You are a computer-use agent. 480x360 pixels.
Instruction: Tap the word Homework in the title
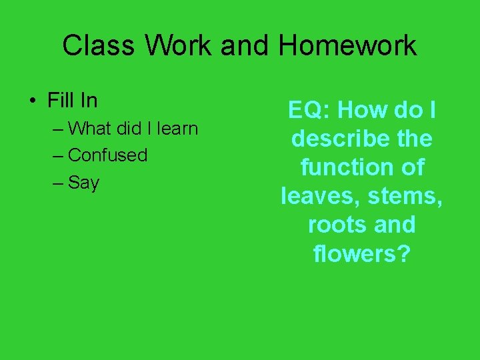[347, 46]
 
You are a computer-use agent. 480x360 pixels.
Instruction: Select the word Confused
[107, 155]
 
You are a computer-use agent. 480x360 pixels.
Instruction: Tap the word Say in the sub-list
[83, 183]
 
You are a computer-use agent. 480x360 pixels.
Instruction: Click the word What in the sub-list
[91, 127]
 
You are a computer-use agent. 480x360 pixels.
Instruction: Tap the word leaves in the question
[319, 196]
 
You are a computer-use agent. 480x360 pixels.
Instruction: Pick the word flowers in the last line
[353, 253]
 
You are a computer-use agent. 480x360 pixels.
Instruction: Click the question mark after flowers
[403, 253]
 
